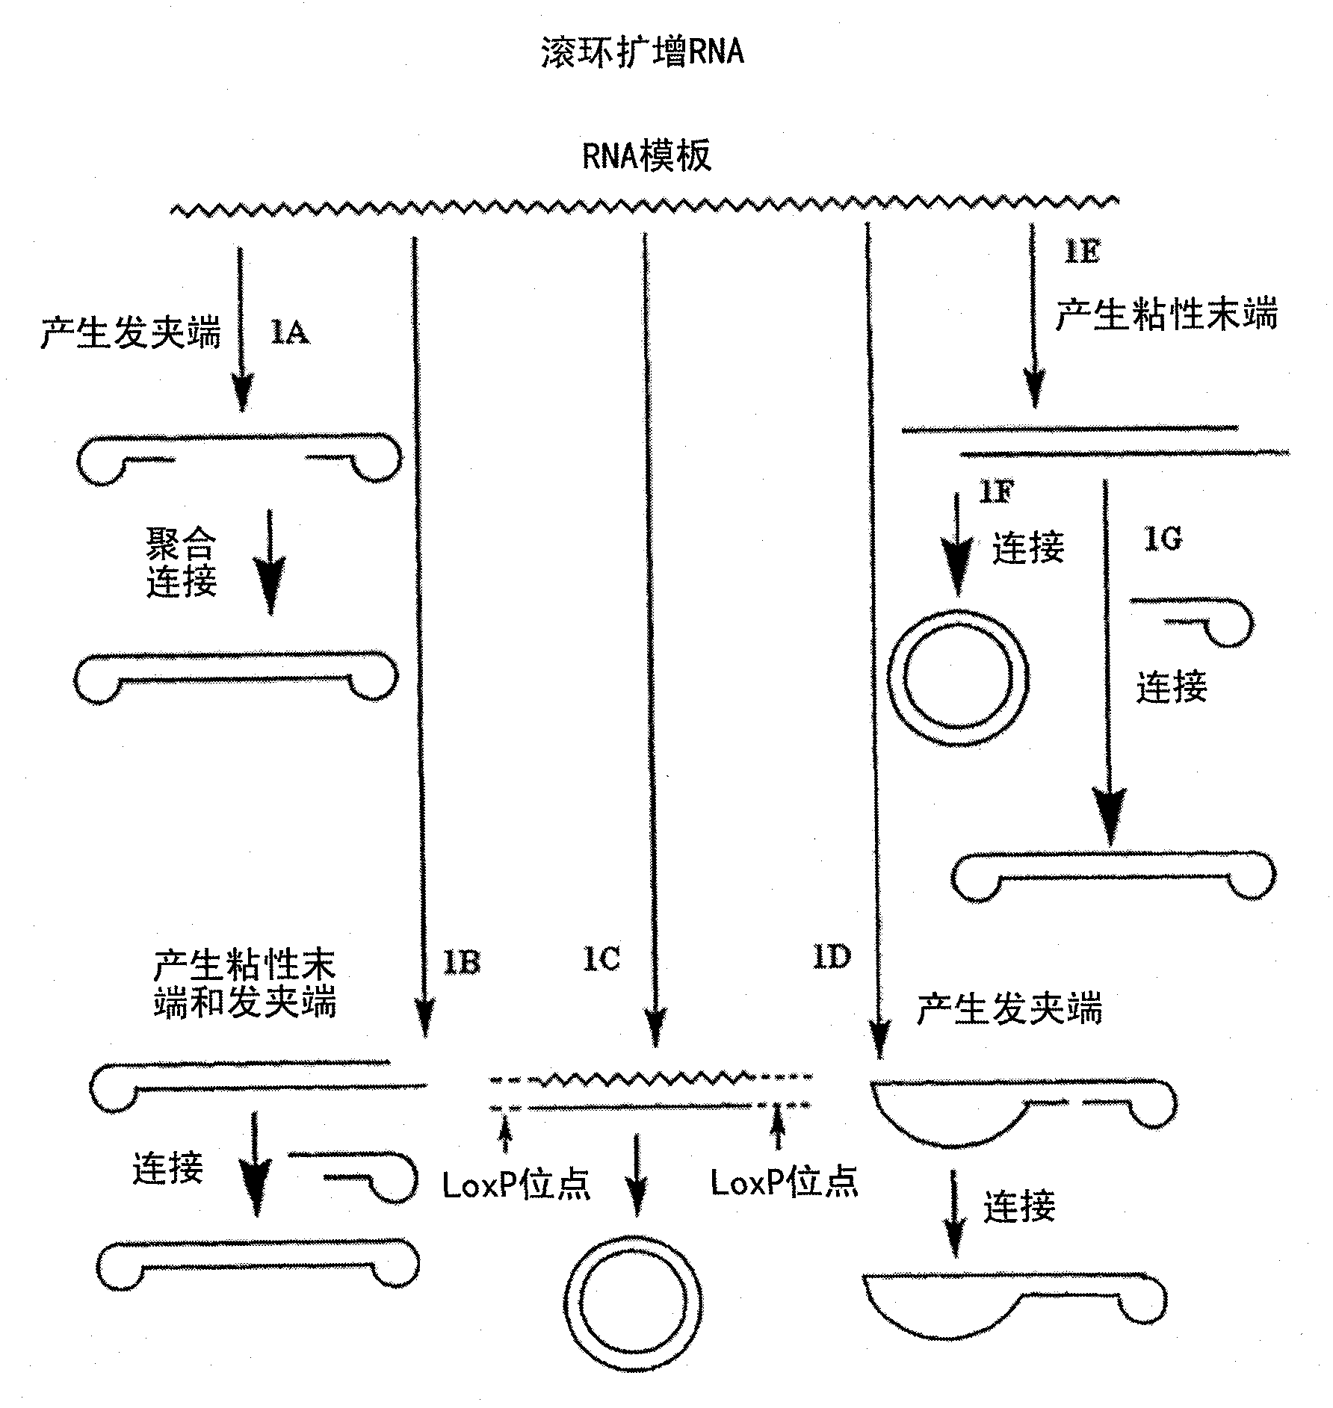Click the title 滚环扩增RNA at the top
(643, 53)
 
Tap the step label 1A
(289, 332)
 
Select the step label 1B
(461, 962)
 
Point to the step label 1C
(601, 959)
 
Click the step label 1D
(832, 957)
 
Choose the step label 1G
(1163, 539)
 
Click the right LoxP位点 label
(784, 1182)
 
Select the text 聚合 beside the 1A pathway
(181, 544)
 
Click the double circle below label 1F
(958, 677)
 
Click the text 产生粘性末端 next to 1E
(1166, 314)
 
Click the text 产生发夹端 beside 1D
(1009, 1009)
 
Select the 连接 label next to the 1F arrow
(1028, 548)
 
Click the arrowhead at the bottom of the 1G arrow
(1110, 818)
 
